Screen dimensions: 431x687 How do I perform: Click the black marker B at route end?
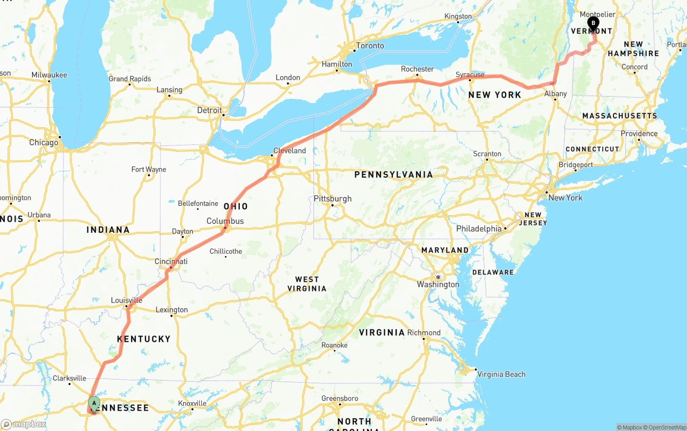tap(593, 23)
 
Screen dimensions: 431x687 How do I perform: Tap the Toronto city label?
tap(370, 46)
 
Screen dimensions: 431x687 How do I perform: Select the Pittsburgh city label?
tap(333, 199)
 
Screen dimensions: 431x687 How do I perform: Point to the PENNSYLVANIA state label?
tap(393, 174)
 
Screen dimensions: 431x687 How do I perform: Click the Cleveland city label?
tap(289, 151)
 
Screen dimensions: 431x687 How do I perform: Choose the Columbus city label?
tap(225, 221)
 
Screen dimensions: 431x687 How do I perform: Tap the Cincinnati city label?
tap(171, 261)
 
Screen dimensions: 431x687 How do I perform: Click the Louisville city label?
tap(127, 300)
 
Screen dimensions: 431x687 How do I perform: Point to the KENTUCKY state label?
tap(144, 339)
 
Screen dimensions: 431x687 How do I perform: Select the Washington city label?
tap(438, 284)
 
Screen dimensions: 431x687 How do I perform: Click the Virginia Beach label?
tap(501, 374)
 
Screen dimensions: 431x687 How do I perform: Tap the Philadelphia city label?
tap(479, 229)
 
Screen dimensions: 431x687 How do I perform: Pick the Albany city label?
tap(556, 93)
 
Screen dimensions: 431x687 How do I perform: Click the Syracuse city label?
tap(470, 75)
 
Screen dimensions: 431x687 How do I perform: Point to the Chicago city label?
tap(44, 143)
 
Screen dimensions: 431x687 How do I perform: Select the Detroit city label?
tap(209, 110)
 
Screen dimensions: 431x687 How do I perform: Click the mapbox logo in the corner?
tap(24, 424)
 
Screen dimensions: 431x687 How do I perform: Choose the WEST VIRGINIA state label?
tap(307, 284)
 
